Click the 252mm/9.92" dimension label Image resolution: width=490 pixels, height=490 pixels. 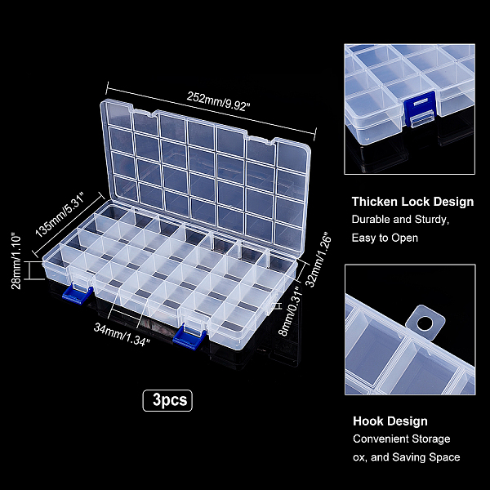tap(218, 101)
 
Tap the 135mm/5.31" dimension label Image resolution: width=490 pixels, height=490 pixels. tap(60, 215)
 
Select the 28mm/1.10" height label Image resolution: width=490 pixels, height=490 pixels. tap(16, 261)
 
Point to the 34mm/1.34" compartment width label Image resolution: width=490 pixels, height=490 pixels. tap(122, 335)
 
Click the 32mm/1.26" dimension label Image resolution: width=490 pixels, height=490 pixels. tap(318, 259)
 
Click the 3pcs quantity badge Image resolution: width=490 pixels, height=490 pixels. tap(167, 400)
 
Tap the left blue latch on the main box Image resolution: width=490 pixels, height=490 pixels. tap(77, 294)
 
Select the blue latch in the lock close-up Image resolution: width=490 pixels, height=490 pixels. tap(420, 109)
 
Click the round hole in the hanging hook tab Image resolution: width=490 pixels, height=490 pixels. tap(425, 323)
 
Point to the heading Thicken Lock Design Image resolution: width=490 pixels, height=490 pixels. tap(412, 202)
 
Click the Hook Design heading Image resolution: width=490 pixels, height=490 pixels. tap(390, 421)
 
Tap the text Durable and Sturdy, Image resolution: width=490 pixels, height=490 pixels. tap(400, 220)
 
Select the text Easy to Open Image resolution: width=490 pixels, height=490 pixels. tap(385, 238)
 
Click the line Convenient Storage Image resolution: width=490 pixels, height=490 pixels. tap(402, 439)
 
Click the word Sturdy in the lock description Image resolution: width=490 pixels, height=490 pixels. tap(431, 220)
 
